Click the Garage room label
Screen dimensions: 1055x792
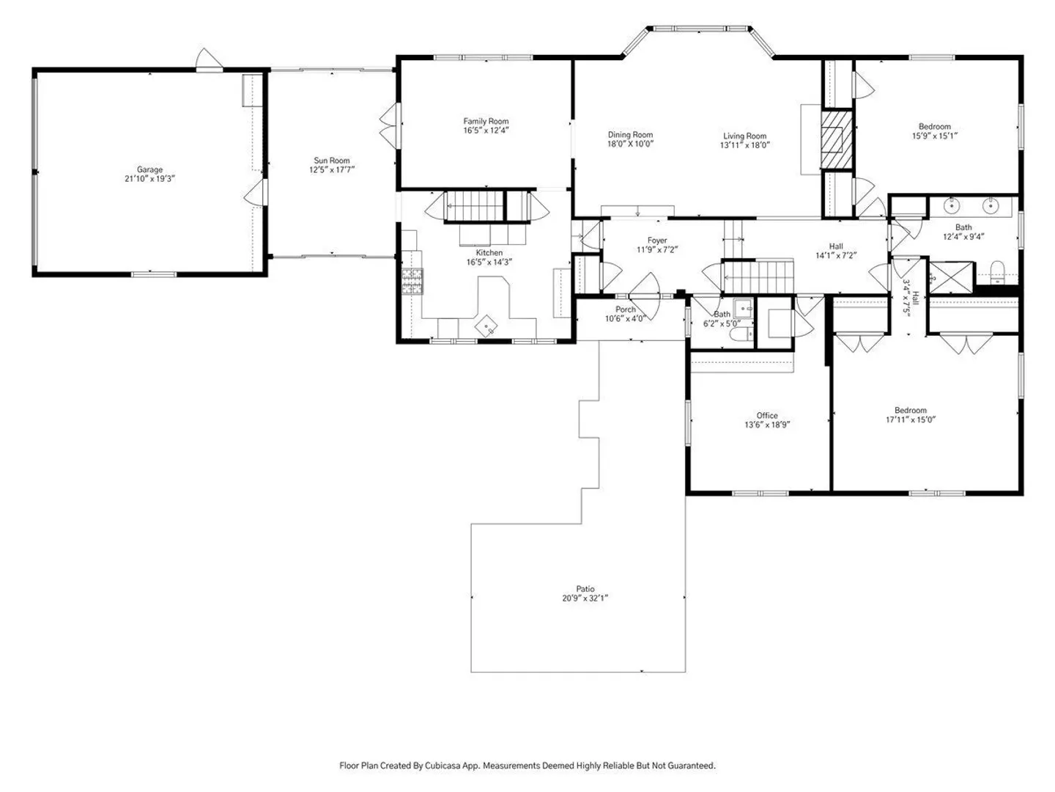149,169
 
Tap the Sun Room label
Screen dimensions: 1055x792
332,160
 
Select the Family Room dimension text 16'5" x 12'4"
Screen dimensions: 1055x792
486,131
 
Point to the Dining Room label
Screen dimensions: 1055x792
630,135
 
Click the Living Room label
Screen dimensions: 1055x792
744,136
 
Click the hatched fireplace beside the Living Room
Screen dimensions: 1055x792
837,139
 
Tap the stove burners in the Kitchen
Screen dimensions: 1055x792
413,282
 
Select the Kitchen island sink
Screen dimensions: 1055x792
487,326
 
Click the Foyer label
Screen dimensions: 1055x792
657,241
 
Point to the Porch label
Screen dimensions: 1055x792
626,309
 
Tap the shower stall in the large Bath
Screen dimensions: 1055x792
951,277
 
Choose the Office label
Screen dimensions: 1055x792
767,416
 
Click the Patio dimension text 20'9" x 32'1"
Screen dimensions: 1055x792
585,598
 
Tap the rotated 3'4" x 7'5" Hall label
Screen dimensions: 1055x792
911,297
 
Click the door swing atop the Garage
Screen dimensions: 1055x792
207,59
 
